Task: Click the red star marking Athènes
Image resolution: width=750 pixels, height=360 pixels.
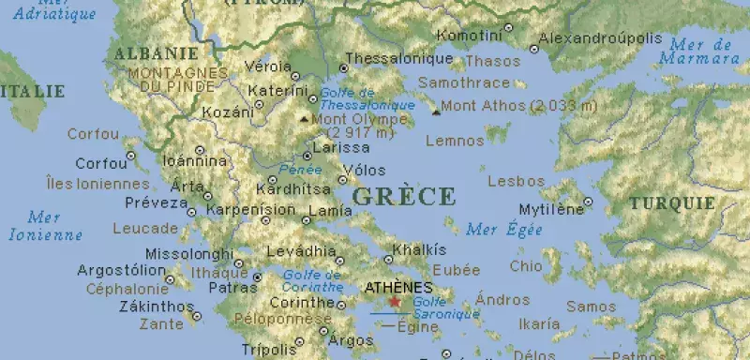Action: [395, 303]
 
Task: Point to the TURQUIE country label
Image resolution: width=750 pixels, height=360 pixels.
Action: [671, 203]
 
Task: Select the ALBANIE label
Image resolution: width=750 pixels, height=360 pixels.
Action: [156, 53]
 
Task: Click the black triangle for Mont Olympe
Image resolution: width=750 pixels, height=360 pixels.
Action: [303, 120]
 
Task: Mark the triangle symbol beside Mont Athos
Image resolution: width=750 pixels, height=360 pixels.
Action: [436, 112]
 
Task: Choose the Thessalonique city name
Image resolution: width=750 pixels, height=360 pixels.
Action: [399, 59]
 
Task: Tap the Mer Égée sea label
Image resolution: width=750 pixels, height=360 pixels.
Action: [503, 229]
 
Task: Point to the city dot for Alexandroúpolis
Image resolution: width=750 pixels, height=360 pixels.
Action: [534, 49]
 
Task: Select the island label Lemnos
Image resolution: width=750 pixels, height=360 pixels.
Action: [455, 142]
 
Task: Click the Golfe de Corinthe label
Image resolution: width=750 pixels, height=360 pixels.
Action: [312, 280]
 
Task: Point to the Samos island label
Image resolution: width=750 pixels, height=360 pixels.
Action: [591, 307]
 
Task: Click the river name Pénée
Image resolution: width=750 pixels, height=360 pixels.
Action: [300, 171]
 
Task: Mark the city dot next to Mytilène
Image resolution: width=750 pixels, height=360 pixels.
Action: [588, 202]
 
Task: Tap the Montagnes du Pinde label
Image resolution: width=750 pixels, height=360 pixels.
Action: [172, 80]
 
